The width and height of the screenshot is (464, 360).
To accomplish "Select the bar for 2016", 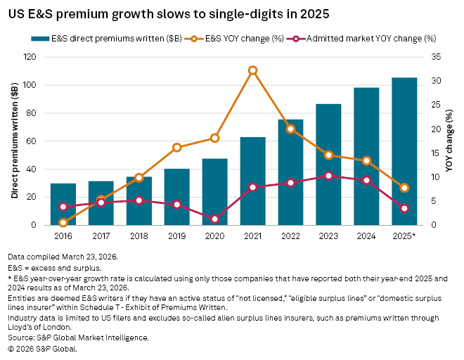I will click(x=63, y=204).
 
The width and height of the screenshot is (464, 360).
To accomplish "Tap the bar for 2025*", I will click(x=404, y=151).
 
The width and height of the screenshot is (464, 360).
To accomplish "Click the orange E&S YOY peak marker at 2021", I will click(x=252, y=70).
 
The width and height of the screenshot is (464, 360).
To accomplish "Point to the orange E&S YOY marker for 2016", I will click(x=63, y=223).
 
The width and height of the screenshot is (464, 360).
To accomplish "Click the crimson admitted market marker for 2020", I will click(x=214, y=219).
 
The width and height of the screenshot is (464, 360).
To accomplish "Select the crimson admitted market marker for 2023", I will click(x=328, y=176).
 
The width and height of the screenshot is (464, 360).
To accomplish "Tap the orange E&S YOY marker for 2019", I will click(x=176, y=148).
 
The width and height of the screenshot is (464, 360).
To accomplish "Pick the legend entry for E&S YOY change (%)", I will click(x=233, y=38).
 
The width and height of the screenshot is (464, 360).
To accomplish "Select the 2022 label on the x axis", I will click(x=290, y=236).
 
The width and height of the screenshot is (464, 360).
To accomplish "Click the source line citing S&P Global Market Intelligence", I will click(x=78, y=337).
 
